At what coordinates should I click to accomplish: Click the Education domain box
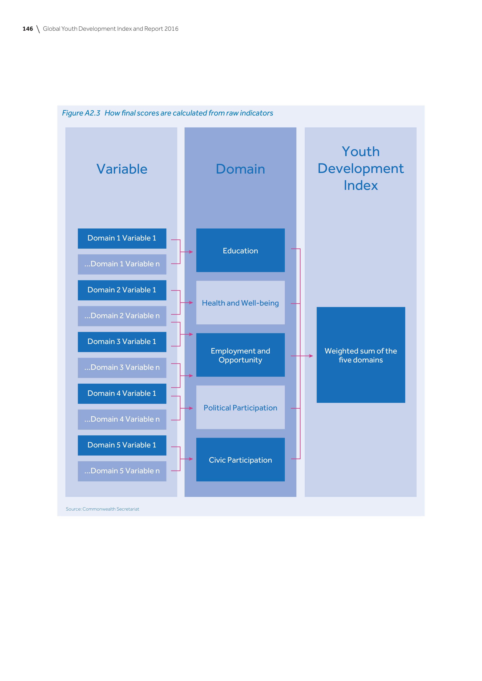(240, 250)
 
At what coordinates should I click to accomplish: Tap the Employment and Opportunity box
(240, 355)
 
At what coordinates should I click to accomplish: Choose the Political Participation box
(240, 407)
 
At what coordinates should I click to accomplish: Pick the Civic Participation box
(240, 460)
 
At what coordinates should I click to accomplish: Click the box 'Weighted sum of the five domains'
(361, 355)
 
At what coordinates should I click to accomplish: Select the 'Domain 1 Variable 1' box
(122, 238)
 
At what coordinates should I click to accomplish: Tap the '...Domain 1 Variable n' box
(122, 264)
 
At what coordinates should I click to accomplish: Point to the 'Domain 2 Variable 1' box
(122, 290)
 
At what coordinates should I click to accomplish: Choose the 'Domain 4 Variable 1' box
(122, 393)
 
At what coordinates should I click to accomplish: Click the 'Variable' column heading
(122, 169)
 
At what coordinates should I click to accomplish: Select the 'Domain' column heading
(240, 169)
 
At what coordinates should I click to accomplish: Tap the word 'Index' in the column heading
(361, 186)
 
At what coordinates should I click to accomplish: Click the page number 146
(28, 29)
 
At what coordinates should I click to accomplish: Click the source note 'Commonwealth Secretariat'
(111, 509)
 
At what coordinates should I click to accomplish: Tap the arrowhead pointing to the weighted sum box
(311, 356)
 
